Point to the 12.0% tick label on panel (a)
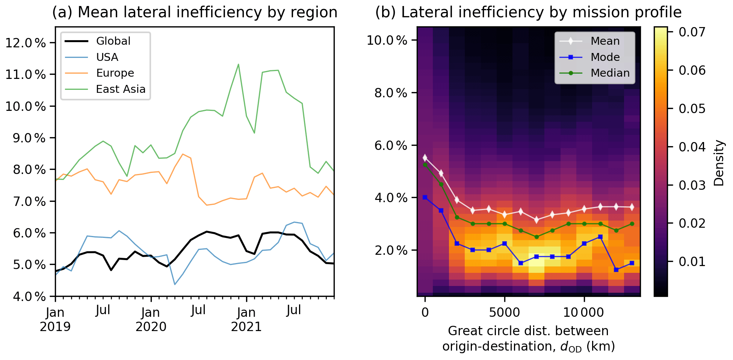pos(26,43)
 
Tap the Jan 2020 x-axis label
pos(151,319)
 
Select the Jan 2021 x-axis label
pos(246,319)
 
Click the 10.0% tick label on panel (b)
pos(387,40)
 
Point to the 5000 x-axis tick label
pos(504,313)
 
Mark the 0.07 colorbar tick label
pos(692,32)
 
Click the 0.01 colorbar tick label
pos(692,262)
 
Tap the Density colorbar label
pos(719,163)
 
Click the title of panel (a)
pos(195,12)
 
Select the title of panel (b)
pos(528,12)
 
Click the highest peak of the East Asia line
pos(238,64)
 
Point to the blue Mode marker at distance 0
pos(425,197)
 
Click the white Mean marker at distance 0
pos(425,157)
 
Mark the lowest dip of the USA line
pos(175,284)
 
